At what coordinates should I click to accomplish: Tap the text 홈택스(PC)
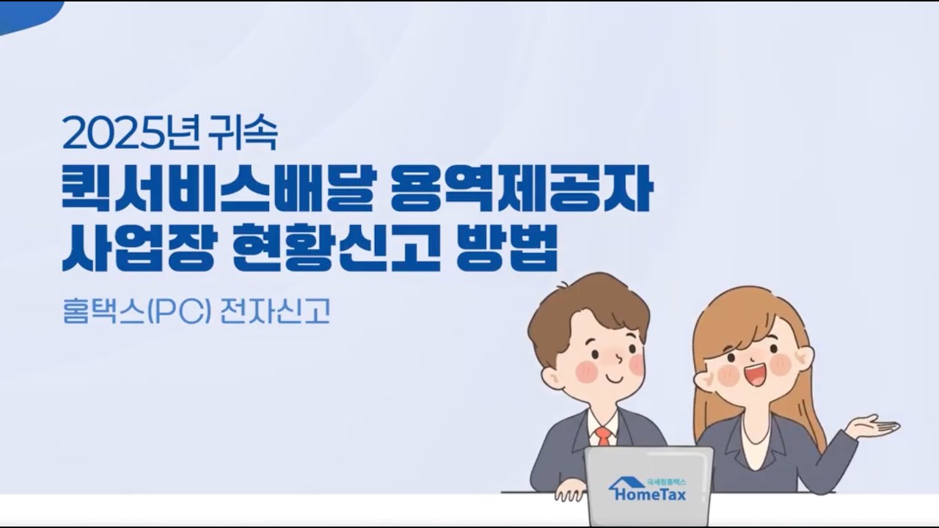[x=136, y=312]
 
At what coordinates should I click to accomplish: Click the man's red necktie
[x=603, y=436]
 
